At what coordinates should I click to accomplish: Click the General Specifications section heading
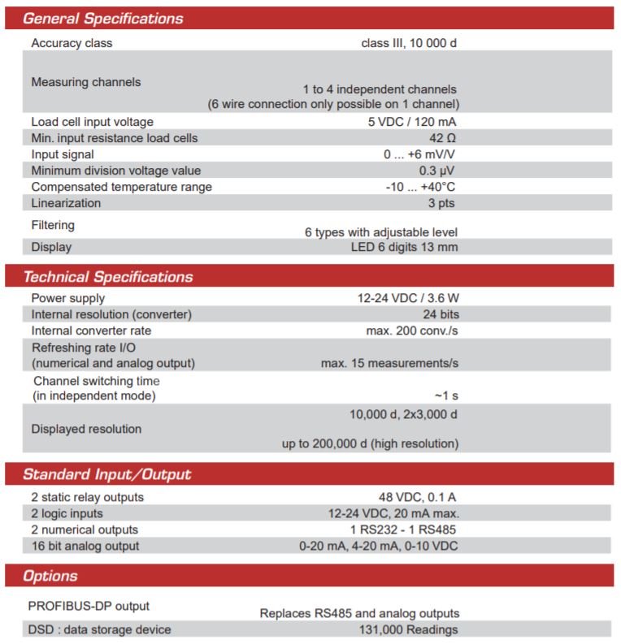point(103,18)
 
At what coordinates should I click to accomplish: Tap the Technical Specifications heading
point(108,277)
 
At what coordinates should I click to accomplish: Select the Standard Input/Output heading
point(107,474)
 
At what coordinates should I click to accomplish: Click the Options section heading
point(50,576)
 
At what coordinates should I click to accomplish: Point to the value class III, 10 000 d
point(409,42)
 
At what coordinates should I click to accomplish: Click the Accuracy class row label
point(72,42)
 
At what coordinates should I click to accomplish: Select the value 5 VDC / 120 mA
point(413,122)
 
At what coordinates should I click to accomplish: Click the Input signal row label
point(63,154)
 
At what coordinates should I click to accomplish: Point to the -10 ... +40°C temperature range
point(421,187)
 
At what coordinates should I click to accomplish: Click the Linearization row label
point(66,203)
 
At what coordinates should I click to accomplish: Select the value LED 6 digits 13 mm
point(398,247)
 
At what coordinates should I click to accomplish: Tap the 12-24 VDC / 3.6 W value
point(408,298)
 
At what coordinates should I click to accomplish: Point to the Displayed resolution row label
point(86,428)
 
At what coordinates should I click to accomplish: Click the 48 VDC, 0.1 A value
point(413,497)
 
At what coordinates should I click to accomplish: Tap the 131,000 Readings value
point(408,629)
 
